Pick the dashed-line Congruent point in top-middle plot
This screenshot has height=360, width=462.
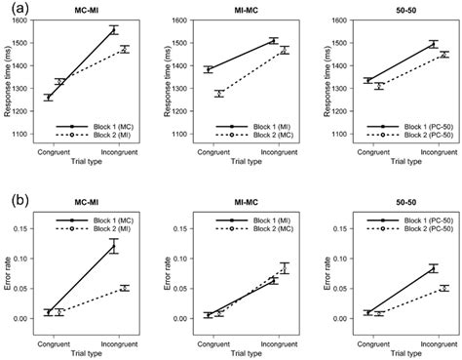click(219, 94)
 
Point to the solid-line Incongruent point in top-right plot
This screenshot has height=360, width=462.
click(433, 43)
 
